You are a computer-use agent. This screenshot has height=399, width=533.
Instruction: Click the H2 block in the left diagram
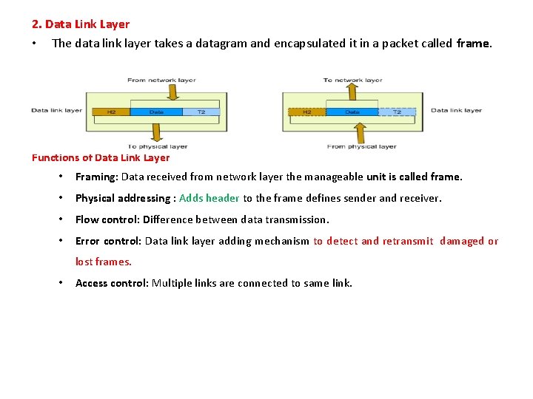click(110, 112)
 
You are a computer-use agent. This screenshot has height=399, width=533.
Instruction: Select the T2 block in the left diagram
click(201, 112)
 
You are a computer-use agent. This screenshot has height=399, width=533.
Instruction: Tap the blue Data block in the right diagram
click(352, 112)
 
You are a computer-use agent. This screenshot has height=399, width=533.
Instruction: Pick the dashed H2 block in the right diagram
click(306, 112)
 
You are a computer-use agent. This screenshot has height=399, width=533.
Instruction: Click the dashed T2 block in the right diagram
click(398, 112)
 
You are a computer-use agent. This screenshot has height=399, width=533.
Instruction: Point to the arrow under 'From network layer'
click(172, 92)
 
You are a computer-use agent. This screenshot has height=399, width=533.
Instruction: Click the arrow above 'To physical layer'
click(156, 132)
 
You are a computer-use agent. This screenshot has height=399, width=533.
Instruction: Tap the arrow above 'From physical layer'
click(360, 133)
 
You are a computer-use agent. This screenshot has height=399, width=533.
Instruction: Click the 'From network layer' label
click(161, 80)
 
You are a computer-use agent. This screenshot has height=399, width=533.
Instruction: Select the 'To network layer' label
click(352, 80)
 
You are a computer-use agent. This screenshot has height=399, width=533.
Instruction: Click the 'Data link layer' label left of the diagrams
click(57, 111)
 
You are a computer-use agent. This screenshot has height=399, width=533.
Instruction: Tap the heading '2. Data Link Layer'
click(81, 24)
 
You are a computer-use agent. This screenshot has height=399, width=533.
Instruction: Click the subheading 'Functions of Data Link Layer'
click(101, 157)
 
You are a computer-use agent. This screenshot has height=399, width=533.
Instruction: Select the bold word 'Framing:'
click(96, 177)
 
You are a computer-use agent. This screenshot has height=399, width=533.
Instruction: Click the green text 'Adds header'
click(209, 198)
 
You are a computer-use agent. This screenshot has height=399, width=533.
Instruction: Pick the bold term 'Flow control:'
click(107, 219)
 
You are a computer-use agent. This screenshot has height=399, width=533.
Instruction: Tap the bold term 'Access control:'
click(112, 283)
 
